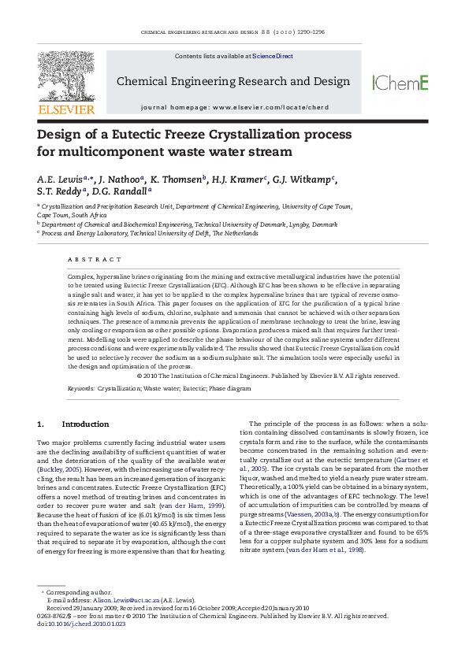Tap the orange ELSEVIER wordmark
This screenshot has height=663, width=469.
click(67, 109)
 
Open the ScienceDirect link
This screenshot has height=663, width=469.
click(273, 57)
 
